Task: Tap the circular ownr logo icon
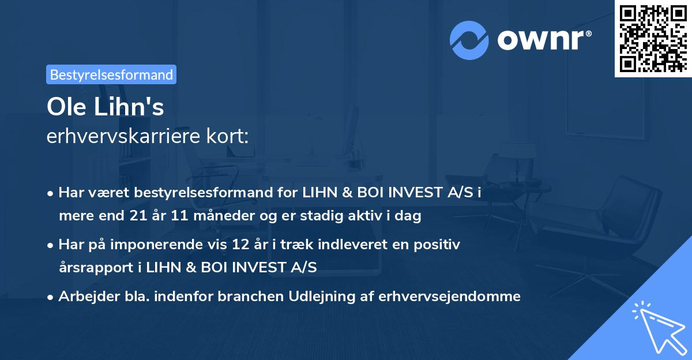[469, 40]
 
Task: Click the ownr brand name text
[544, 40]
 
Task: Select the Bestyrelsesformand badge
[111, 74]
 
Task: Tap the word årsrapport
[89, 267]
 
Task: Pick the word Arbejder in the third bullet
[84, 297]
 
